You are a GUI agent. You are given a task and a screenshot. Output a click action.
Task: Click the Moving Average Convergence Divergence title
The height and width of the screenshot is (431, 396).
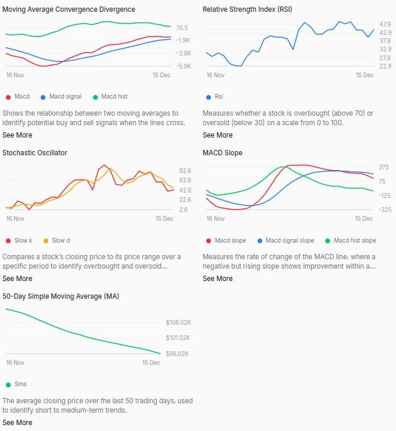click(68, 9)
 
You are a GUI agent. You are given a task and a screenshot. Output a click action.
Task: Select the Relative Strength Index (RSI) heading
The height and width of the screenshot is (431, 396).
click(247, 9)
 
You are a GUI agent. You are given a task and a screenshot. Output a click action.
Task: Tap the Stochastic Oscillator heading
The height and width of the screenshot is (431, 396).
click(35, 153)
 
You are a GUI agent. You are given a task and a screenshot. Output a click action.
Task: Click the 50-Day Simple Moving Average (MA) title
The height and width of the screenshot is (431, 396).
click(61, 296)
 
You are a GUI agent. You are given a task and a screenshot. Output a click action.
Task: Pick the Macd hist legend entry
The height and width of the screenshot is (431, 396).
click(114, 96)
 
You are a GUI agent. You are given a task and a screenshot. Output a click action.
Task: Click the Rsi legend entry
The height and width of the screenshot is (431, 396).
click(219, 96)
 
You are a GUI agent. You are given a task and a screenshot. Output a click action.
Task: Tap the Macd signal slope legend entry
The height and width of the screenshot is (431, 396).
click(289, 240)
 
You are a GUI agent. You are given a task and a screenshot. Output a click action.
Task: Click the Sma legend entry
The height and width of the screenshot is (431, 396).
click(20, 384)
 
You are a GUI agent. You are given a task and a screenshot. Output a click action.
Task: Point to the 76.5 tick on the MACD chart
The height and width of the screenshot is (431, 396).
click(181, 28)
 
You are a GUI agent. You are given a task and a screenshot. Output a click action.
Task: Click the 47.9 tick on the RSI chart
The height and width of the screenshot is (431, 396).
click(385, 24)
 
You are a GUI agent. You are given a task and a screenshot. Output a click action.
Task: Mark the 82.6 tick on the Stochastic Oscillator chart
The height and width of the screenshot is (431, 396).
click(184, 170)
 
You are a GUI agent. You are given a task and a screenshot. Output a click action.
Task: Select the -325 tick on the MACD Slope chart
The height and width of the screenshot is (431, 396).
click(384, 210)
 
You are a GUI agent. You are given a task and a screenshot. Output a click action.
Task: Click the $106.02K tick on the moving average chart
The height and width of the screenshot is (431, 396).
click(178, 322)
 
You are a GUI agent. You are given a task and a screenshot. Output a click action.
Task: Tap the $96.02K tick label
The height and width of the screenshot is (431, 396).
click(178, 354)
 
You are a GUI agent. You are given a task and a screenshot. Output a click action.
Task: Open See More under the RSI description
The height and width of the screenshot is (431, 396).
click(217, 135)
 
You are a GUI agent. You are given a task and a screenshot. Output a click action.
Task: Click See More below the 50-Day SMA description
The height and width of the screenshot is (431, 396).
click(17, 423)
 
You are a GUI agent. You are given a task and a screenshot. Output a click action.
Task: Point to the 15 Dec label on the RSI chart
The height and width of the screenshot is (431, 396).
click(365, 75)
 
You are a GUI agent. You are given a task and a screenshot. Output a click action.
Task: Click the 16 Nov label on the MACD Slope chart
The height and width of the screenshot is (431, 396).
click(215, 218)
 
